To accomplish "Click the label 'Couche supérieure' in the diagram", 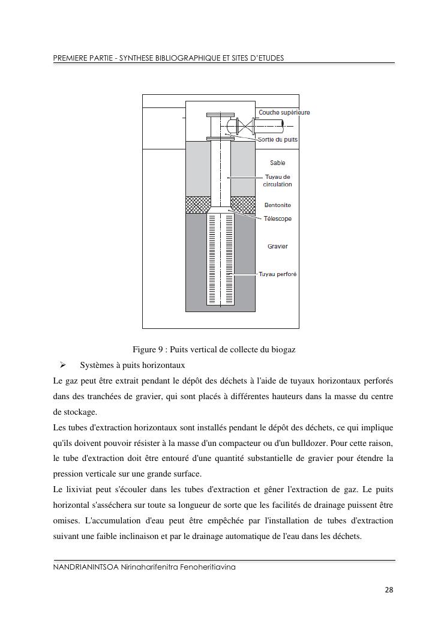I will [284, 112].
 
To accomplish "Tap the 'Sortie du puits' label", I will [278, 140].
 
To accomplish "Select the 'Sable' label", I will [277, 163].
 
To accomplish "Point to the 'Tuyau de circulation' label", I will [277, 181].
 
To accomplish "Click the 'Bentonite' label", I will [277, 205].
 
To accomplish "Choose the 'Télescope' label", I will [278, 218].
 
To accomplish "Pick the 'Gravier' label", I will [277, 246].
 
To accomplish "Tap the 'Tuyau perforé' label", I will [278, 274].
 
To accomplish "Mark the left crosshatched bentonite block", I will [197, 204].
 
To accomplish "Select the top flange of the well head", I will [220, 115].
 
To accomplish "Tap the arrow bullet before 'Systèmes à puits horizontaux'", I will [62, 365].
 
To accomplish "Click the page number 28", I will [389, 590].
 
